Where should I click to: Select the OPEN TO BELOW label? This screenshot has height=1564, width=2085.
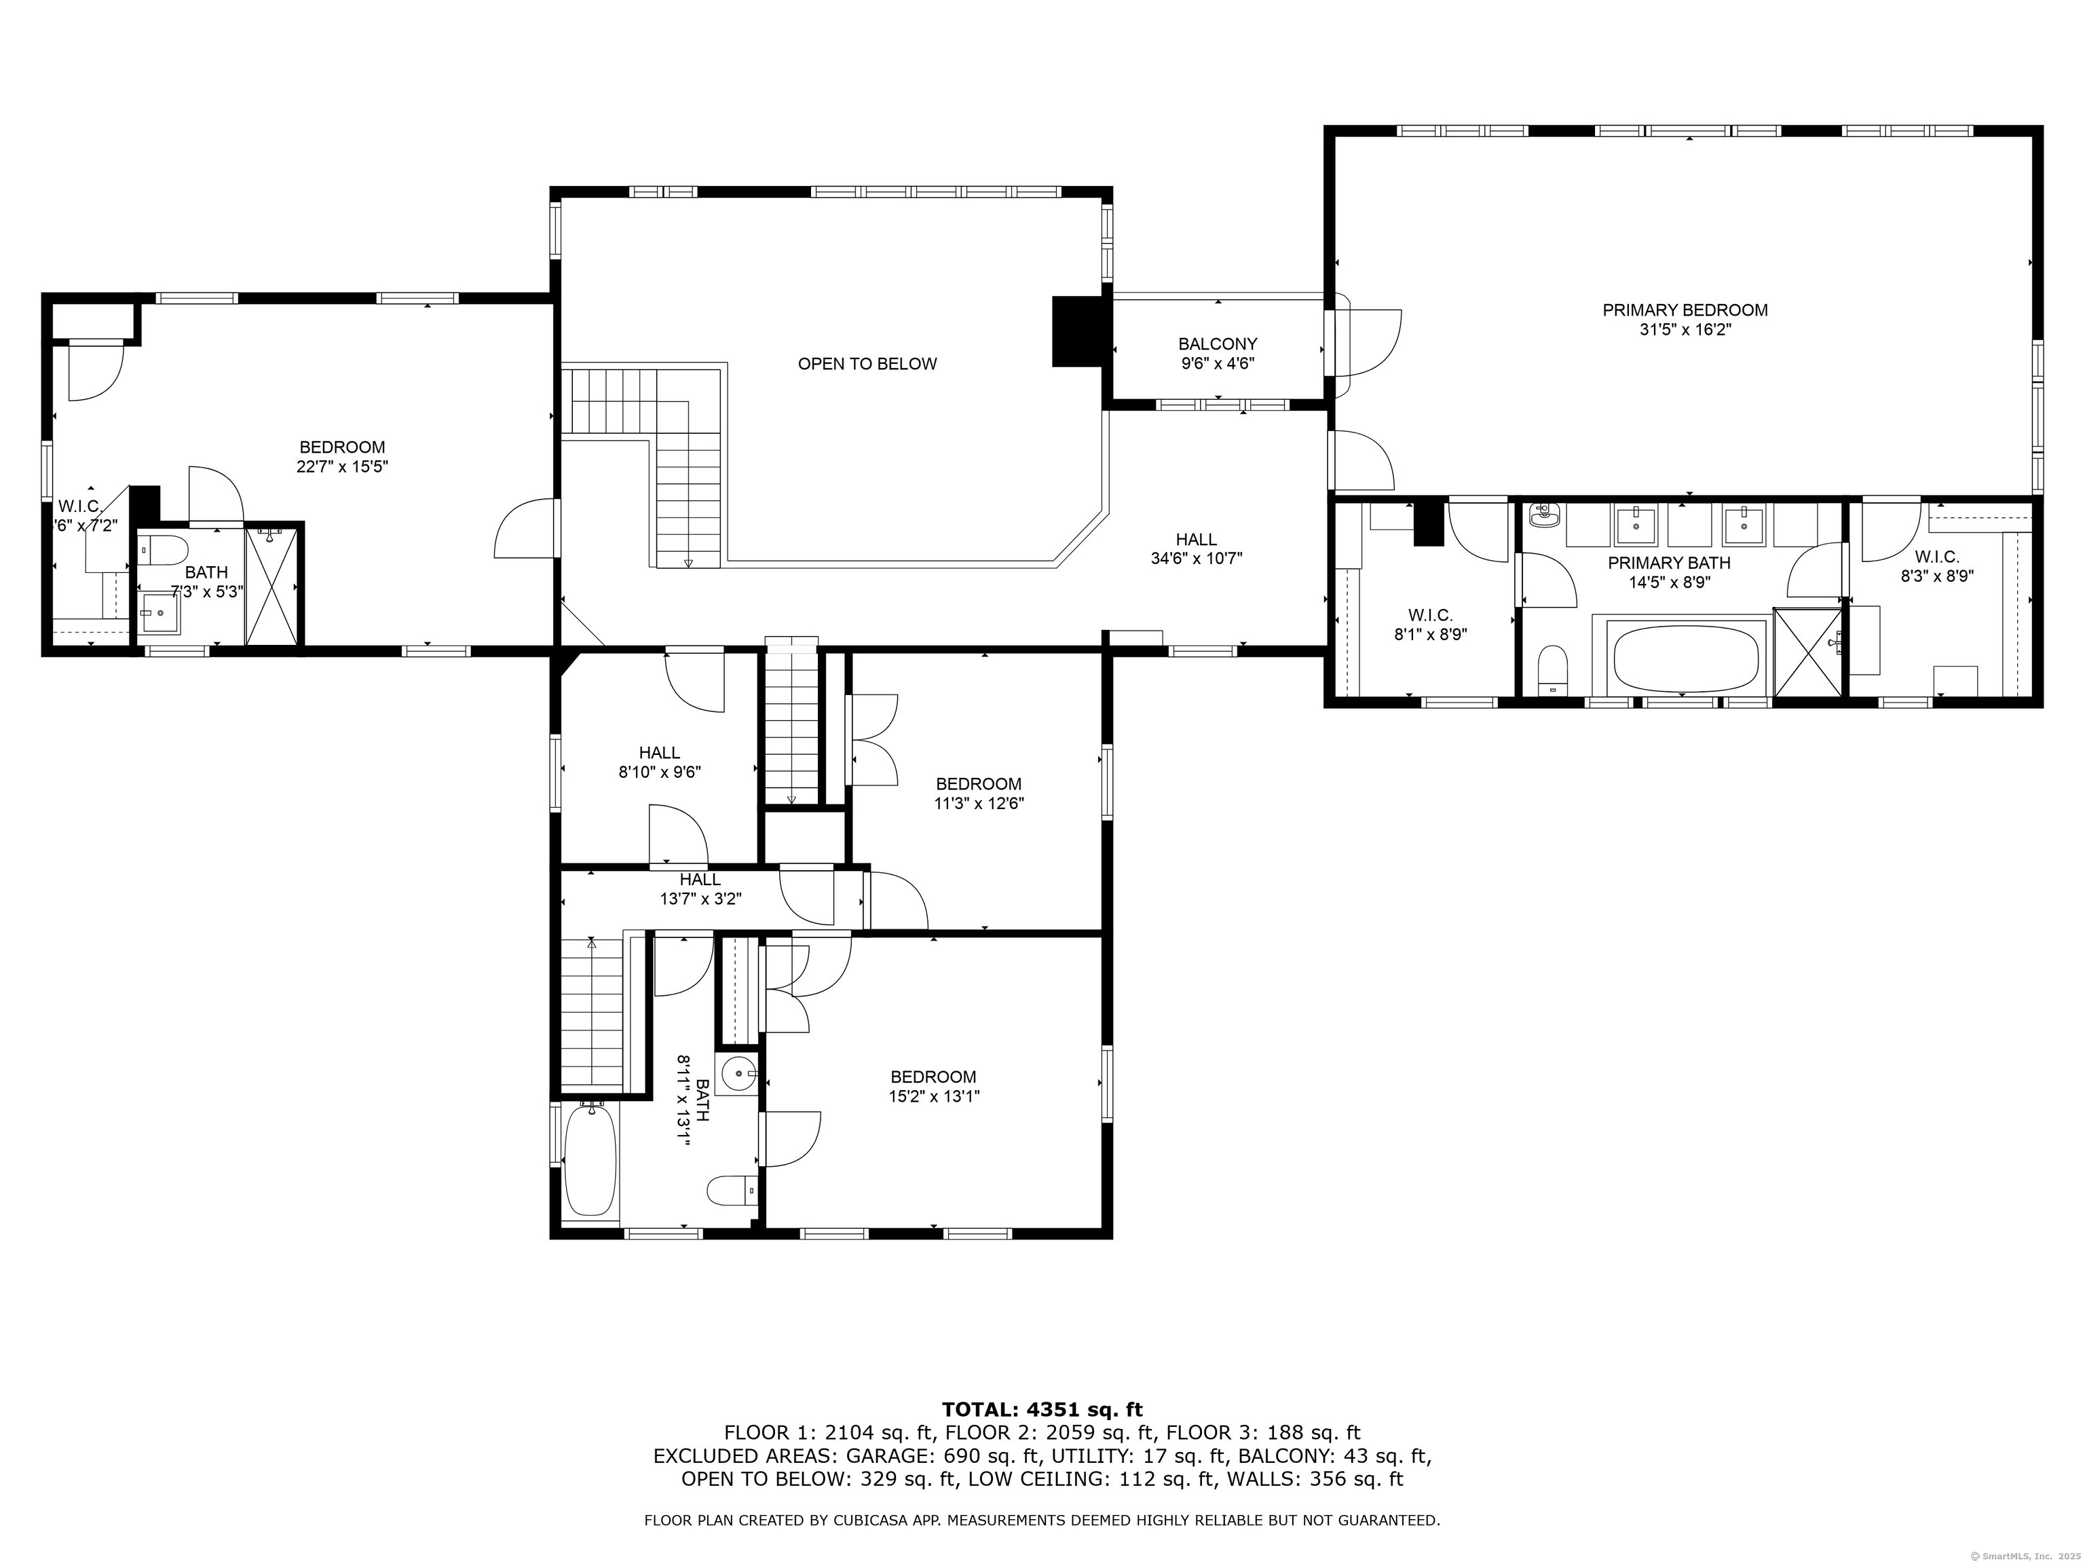(x=867, y=364)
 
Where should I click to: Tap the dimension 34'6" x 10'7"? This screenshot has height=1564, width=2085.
(x=1196, y=558)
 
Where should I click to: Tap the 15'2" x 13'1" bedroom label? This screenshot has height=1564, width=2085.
(x=933, y=1086)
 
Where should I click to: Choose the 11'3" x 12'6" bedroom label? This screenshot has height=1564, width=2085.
(x=979, y=794)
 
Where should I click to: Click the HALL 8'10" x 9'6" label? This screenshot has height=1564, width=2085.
(x=660, y=762)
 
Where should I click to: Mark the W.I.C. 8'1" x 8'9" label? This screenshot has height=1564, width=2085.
(x=1431, y=625)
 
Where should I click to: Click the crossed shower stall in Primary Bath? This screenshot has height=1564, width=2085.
(x=1808, y=652)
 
